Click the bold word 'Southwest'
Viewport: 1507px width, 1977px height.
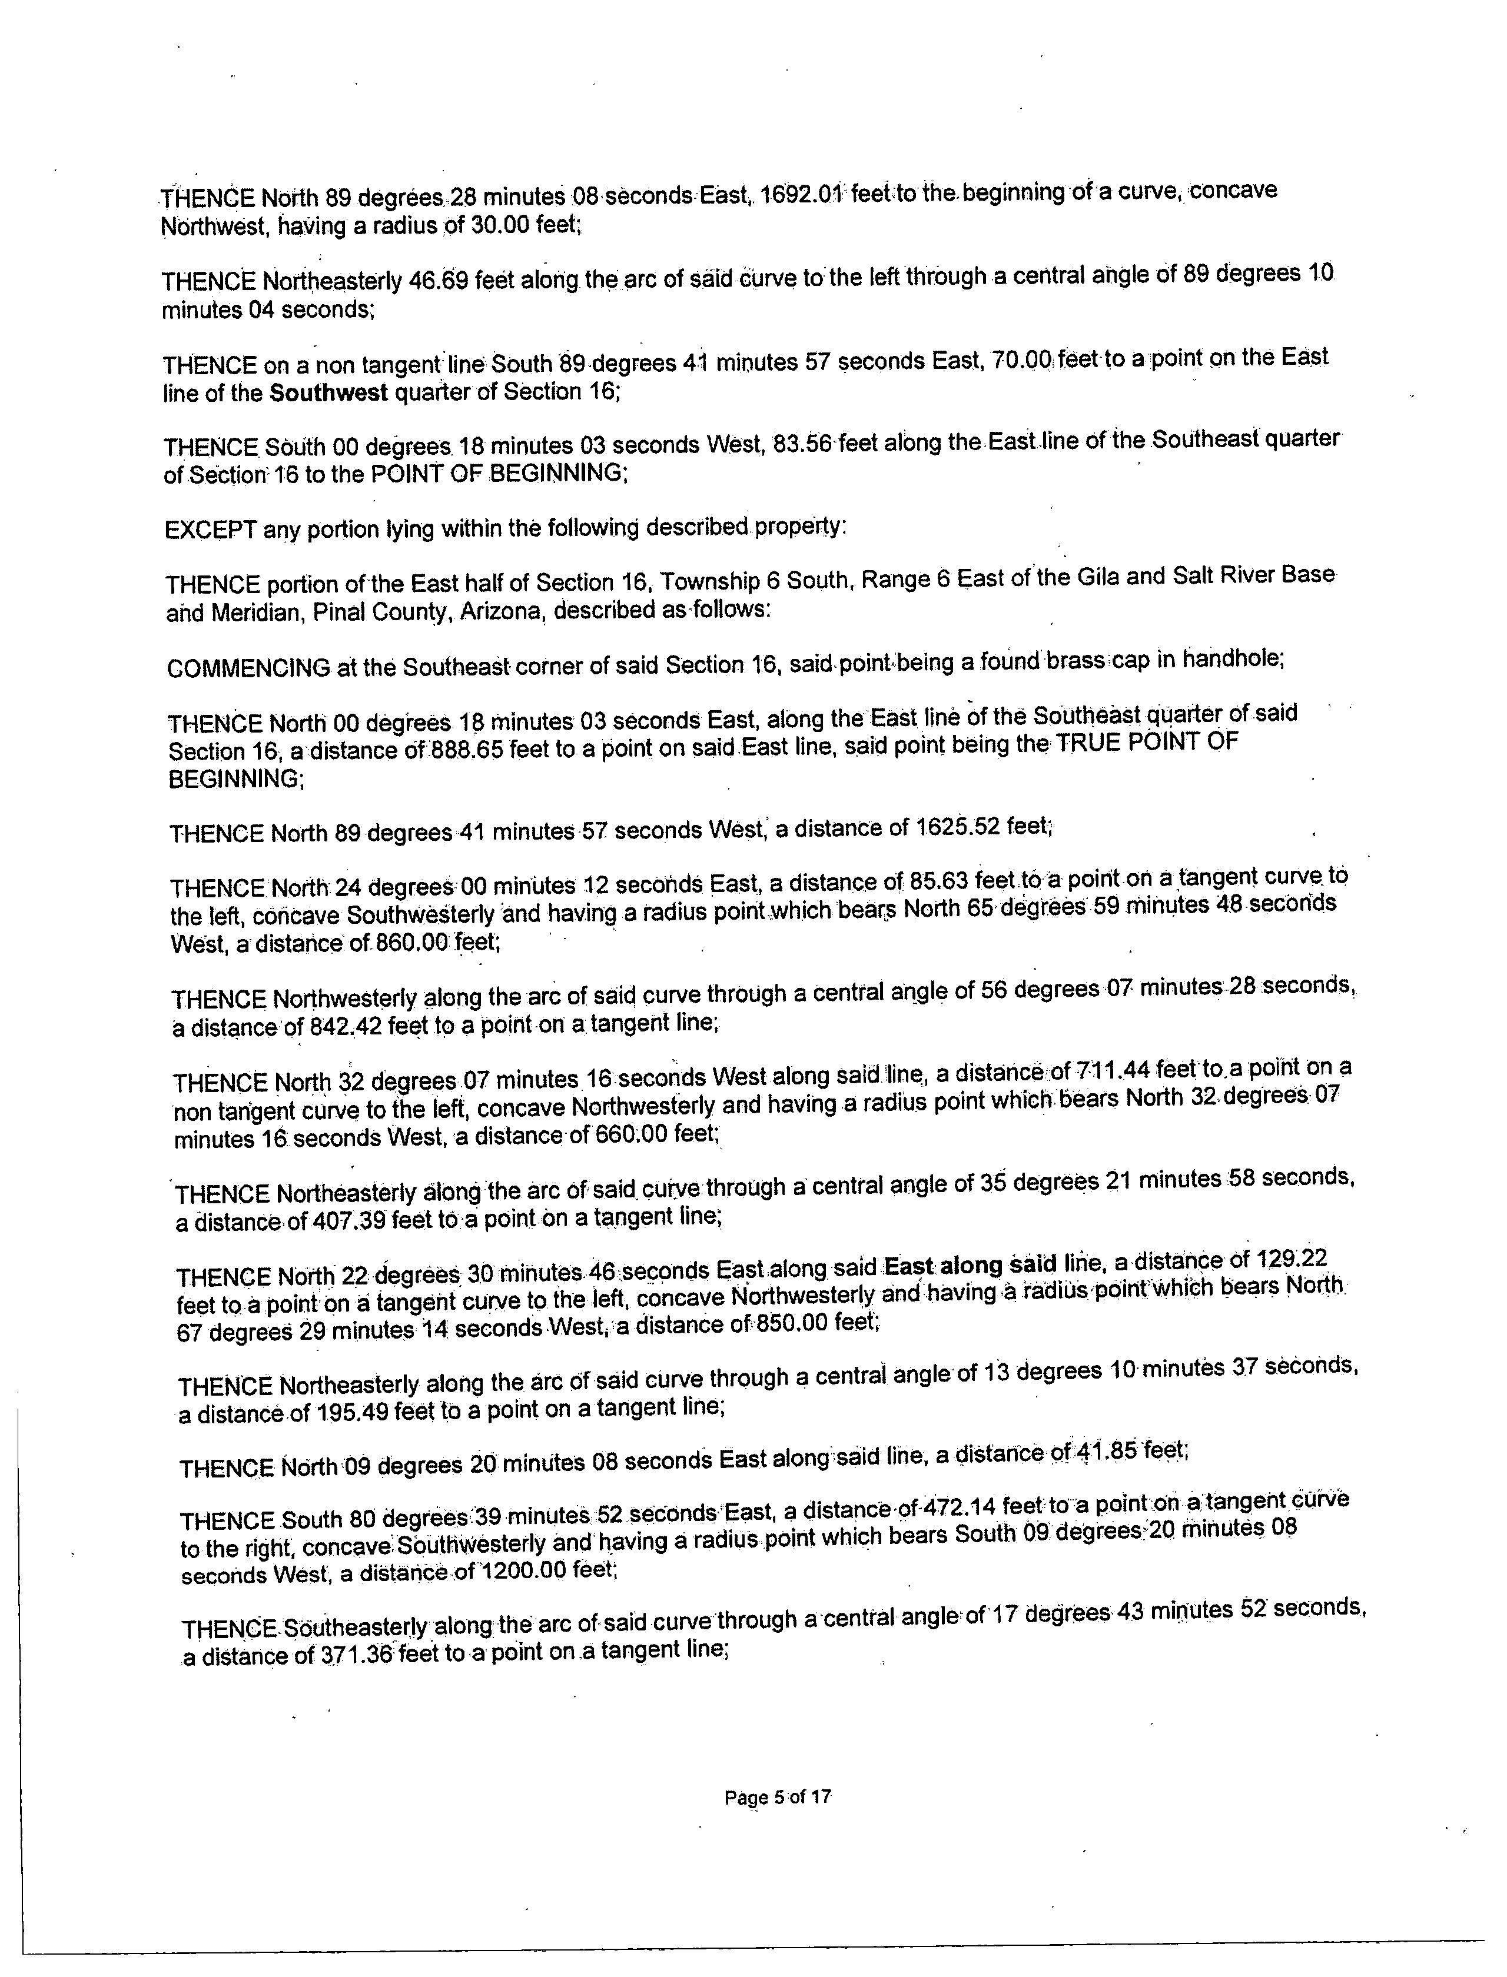tap(328, 392)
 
